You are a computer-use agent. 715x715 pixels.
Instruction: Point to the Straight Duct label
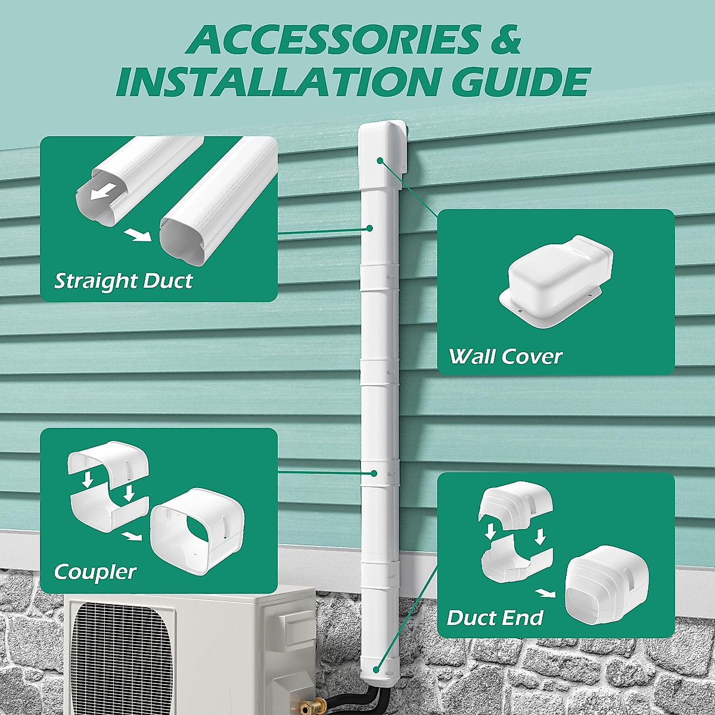pos(123,281)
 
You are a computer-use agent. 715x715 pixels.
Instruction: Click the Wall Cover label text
pos(505,356)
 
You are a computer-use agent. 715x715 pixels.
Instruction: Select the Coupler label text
pos(95,572)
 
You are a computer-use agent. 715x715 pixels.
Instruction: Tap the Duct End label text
pos(495,618)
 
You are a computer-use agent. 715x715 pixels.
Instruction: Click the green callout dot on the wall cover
pos(380,160)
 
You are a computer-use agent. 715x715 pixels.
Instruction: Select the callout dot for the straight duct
pos(369,228)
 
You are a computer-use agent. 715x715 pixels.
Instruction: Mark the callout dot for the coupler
pos(374,473)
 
